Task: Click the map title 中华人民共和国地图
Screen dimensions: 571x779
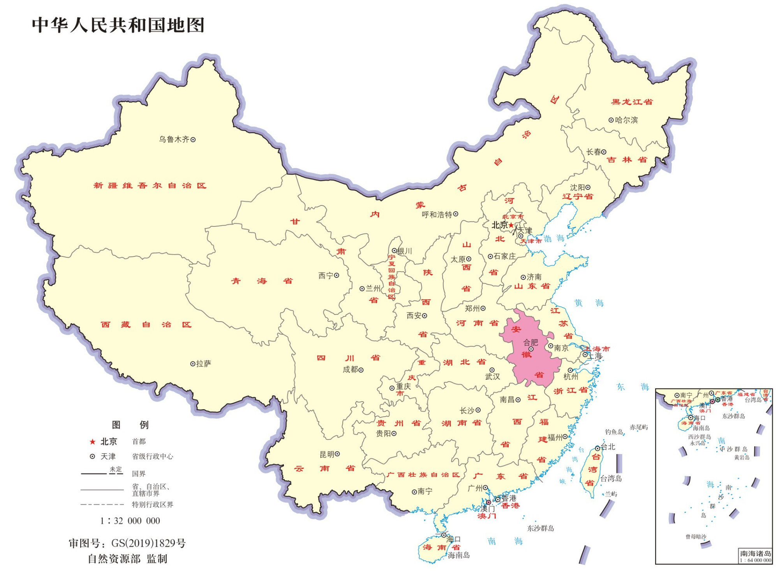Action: click(x=118, y=25)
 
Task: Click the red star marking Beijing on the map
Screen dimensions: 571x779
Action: click(x=511, y=225)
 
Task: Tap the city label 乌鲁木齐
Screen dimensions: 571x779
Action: click(x=174, y=140)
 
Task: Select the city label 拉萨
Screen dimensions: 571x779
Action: click(x=204, y=364)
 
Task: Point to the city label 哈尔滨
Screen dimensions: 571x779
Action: click(x=626, y=120)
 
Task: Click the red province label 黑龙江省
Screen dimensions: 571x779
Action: click(x=632, y=102)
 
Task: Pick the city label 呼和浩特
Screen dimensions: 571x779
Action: click(x=437, y=214)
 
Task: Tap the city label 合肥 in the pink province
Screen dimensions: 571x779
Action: click(x=530, y=342)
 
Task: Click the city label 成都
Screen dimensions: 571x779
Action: click(x=350, y=369)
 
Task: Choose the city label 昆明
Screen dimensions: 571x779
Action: click(x=327, y=454)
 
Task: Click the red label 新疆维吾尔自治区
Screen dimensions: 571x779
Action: click(x=150, y=186)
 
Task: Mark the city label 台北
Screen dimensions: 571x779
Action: click(x=608, y=447)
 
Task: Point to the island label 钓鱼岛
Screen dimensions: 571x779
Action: click(x=614, y=431)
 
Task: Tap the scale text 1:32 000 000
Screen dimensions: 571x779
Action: click(x=130, y=521)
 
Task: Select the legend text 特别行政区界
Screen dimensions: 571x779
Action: click(x=152, y=504)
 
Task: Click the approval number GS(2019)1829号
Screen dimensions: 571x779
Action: click(x=148, y=543)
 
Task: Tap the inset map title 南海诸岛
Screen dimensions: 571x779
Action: click(x=755, y=553)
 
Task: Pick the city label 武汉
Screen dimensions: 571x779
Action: click(x=492, y=377)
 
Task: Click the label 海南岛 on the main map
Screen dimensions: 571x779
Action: click(x=458, y=555)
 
